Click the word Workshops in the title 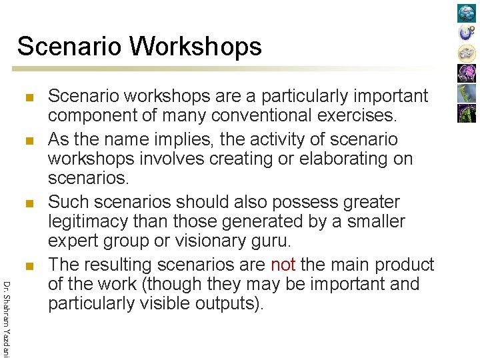coord(196,47)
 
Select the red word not coord(283,265)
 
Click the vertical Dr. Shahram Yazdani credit coord(6,319)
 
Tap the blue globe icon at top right coord(467,13)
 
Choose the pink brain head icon coord(467,73)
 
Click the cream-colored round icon coord(467,53)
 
